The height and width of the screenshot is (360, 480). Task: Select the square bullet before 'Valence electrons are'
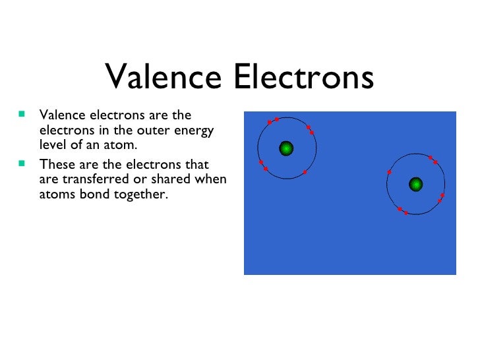click(22, 114)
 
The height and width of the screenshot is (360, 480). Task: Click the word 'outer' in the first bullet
click(138, 131)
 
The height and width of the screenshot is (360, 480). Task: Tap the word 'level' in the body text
click(53, 145)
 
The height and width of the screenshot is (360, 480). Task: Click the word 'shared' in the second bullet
click(173, 179)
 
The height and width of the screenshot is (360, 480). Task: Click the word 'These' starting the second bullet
click(57, 164)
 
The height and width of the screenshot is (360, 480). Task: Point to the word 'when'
click(211, 179)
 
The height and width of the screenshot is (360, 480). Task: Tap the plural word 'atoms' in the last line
click(57, 195)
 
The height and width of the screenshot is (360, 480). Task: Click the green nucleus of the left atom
click(285, 148)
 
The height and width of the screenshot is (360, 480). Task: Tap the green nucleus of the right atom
click(415, 183)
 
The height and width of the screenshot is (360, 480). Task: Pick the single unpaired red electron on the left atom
click(305, 173)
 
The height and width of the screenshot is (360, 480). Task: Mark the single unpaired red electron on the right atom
click(390, 172)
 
